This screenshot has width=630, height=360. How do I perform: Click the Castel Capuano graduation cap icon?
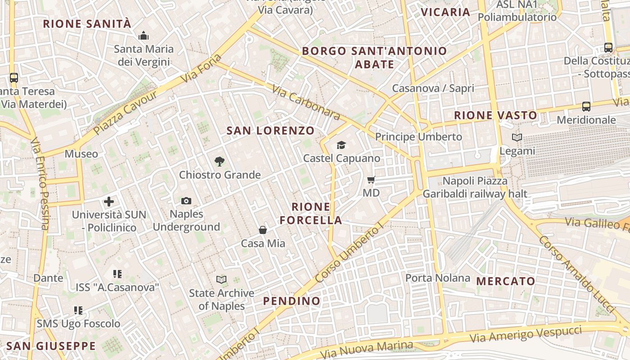342,145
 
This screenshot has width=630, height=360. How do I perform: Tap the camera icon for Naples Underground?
186,201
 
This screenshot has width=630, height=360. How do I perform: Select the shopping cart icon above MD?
371,180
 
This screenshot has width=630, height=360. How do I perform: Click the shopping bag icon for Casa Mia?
263,230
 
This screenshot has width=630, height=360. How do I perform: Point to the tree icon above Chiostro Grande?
220,161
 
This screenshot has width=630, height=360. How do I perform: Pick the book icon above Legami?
517,138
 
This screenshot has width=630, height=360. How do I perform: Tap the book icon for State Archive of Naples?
221,280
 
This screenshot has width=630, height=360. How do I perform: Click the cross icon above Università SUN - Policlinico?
109,202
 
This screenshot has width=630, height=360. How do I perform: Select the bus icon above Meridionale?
586,107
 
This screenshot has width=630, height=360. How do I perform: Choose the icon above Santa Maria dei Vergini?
144,36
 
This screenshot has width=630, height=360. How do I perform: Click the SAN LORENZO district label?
270,131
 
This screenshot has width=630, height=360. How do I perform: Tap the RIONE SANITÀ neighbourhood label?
87,24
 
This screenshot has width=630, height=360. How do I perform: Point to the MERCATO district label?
506,282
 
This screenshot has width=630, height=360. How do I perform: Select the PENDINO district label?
292,301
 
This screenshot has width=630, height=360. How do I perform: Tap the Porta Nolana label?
437,278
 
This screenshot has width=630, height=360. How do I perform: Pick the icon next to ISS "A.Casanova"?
117,274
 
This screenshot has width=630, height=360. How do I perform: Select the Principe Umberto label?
418,137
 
